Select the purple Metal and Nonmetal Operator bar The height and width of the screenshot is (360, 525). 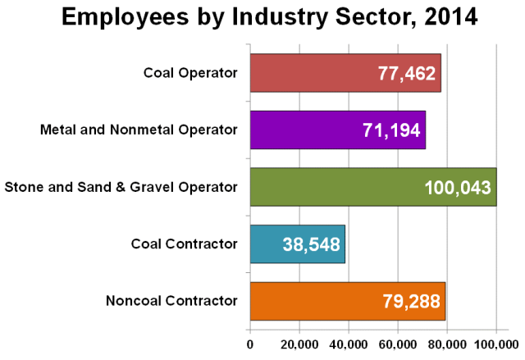304,130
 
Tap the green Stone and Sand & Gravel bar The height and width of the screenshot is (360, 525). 328,187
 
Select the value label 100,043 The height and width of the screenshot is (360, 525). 457,188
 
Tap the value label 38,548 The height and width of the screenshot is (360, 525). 310,244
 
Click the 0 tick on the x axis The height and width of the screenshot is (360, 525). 249,344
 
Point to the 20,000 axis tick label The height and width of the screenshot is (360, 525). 299,344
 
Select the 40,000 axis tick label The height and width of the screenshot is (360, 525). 349,344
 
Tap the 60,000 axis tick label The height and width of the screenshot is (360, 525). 398,344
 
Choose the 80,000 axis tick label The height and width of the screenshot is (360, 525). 447,344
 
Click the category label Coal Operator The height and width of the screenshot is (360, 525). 190,74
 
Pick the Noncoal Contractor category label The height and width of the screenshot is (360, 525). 171,301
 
